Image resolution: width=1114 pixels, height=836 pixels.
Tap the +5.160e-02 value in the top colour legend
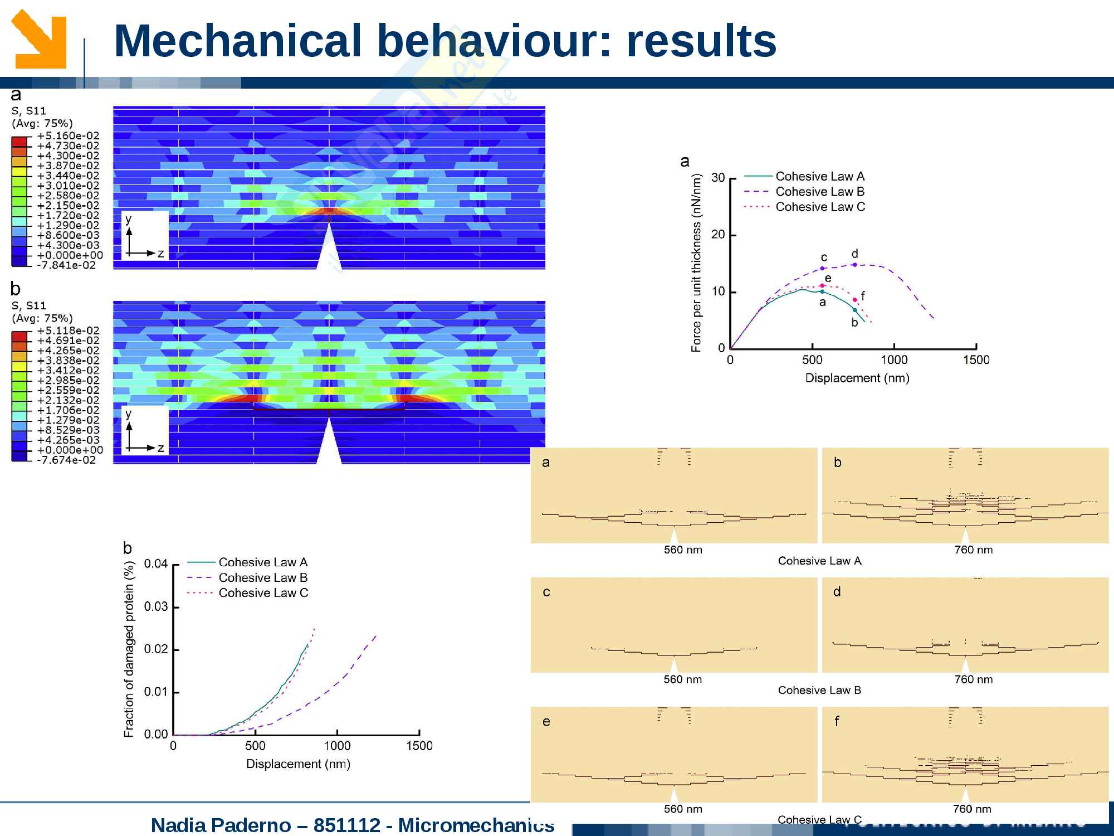coord(68,135)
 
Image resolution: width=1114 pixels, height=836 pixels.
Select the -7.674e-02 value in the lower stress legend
coord(66,460)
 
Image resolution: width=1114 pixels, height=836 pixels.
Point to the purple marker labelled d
coord(854,265)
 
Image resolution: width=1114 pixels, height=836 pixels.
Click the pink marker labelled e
coord(822,285)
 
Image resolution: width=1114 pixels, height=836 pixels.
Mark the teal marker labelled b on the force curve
coord(855,310)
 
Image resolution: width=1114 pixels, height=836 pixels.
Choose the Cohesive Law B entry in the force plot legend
coord(820,192)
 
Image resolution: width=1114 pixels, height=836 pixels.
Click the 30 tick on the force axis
coord(718,178)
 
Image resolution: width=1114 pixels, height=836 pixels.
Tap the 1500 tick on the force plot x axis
coord(976,360)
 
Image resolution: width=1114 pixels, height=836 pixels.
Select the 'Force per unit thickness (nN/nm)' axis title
coord(696,263)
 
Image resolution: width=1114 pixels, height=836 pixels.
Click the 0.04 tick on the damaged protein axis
coord(156,564)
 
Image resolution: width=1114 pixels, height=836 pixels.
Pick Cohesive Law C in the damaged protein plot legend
coord(263,593)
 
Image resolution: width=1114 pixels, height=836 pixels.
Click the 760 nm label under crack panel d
coord(973,679)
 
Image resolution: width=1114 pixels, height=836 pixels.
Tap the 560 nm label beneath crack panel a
coord(683,550)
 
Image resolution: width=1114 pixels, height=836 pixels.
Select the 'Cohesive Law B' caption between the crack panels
coord(819,691)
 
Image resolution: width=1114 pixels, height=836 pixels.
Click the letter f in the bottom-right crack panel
coord(837,721)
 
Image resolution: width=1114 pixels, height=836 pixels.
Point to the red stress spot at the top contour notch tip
coord(329,211)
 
